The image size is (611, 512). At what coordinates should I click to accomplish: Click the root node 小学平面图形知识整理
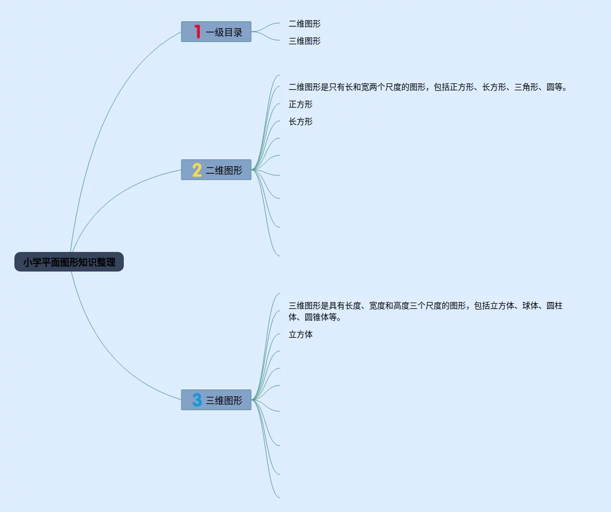(x=69, y=262)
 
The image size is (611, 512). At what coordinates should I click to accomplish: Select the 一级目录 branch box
(x=217, y=32)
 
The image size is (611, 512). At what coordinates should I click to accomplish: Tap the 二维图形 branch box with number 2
(x=217, y=170)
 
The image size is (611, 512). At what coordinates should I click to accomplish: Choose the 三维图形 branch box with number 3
(x=217, y=400)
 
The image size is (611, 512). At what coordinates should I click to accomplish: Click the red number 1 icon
(x=198, y=32)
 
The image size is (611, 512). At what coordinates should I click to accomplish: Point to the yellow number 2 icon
(x=197, y=170)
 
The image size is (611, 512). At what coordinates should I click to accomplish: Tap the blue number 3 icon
(x=197, y=400)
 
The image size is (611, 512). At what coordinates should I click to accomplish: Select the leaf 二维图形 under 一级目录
(x=305, y=24)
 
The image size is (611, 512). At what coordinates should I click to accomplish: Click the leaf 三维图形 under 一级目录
(x=305, y=41)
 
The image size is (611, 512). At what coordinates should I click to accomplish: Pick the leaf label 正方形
(x=301, y=104)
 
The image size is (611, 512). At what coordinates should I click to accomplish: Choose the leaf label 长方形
(x=301, y=121)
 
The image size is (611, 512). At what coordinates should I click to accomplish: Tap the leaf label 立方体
(x=301, y=334)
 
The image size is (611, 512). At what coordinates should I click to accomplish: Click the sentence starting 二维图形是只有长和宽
(x=427, y=87)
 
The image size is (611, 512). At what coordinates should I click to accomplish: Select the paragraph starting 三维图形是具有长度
(x=426, y=311)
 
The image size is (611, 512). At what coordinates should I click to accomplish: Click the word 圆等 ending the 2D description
(x=554, y=87)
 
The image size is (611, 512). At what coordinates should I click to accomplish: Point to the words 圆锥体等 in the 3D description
(x=321, y=318)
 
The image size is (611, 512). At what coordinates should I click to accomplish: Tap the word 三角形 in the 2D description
(x=526, y=87)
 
